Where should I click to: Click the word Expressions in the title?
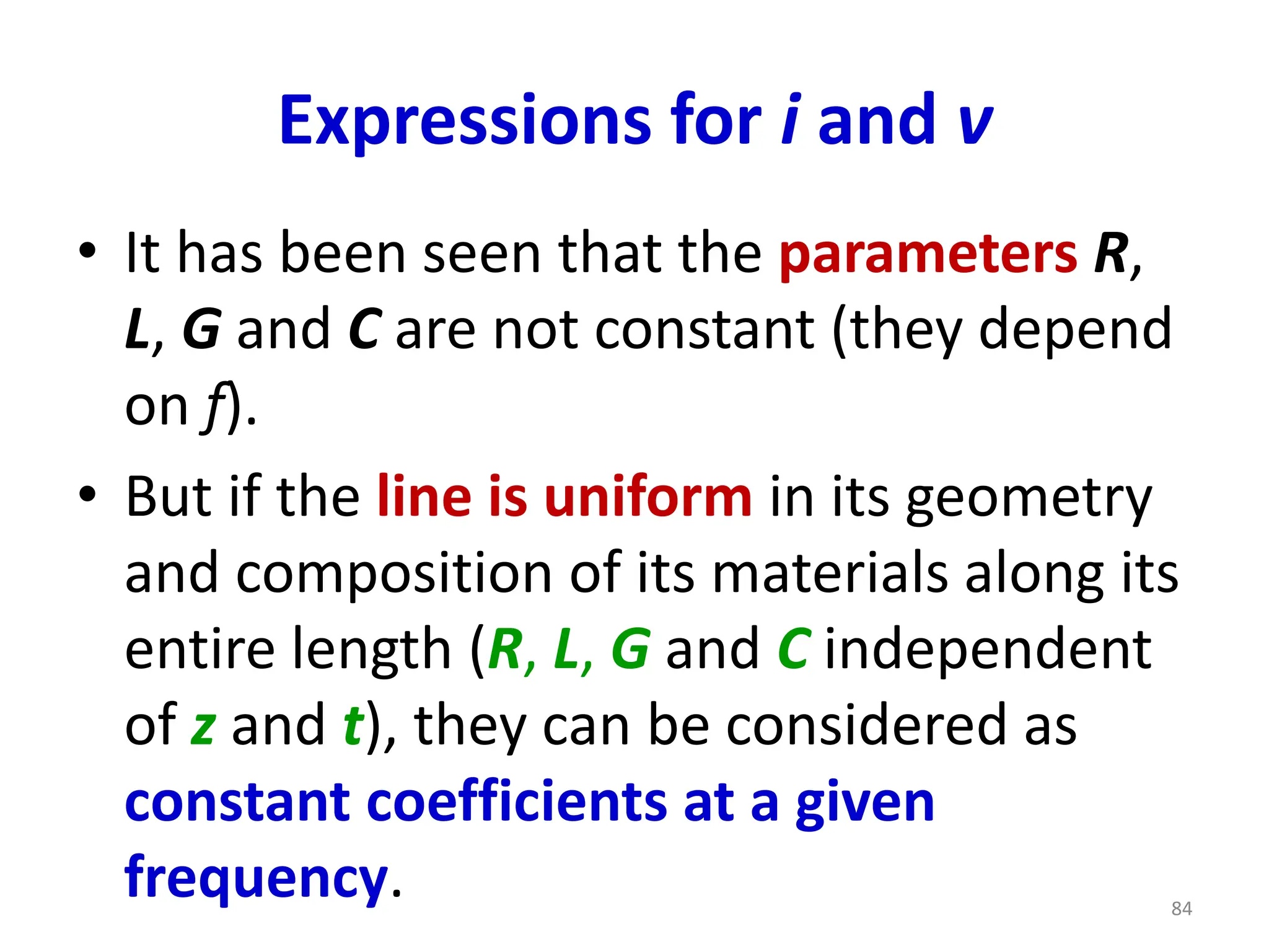click(x=465, y=121)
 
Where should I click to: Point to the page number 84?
click(x=1182, y=909)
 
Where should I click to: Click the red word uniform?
click(x=648, y=497)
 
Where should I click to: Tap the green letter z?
click(x=203, y=726)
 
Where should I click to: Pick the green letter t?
click(x=353, y=725)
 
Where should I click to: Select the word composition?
click(x=393, y=573)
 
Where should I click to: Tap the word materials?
click(x=830, y=573)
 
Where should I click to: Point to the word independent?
click(x=988, y=650)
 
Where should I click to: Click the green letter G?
click(x=630, y=650)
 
